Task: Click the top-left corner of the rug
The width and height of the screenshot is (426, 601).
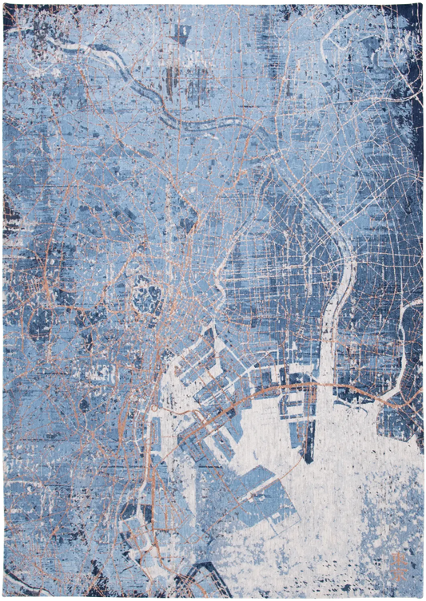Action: [x=3, y=3]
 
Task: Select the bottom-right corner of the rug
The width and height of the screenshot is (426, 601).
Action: [x=422, y=597]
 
